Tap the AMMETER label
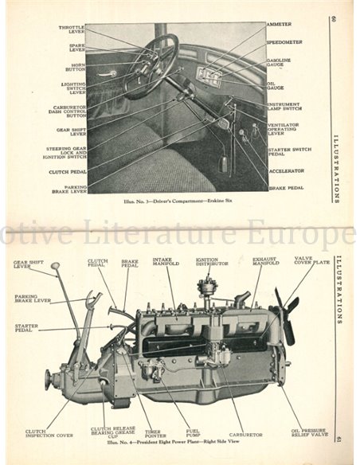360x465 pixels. pyautogui.click(x=280, y=25)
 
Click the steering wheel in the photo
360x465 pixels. pyautogui.click(x=151, y=66)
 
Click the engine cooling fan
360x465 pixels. pyautogui.click(x=286, y=311)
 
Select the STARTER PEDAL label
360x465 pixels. pyautogui.click(x=29, y=328)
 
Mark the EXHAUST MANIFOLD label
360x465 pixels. pyautogui.click(x=265, y=264)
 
